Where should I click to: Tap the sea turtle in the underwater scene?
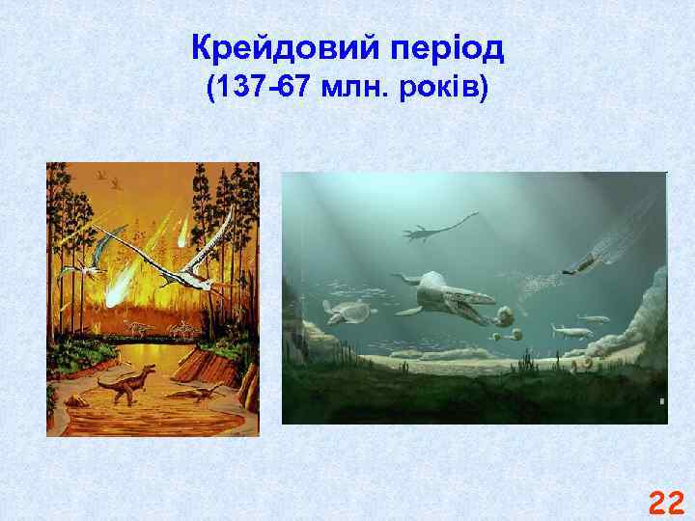(x=349, y=310)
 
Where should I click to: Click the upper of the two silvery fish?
(x=592, y=317)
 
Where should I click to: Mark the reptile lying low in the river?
(x=196, y=394)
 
